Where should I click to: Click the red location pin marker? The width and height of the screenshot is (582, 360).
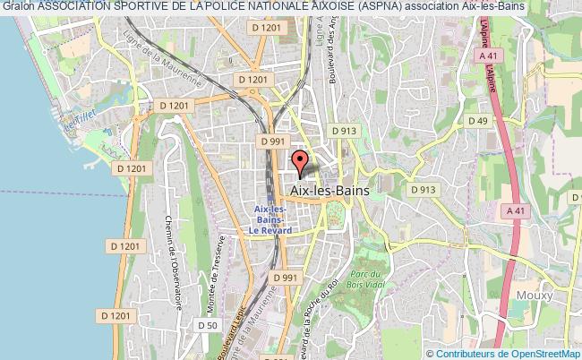[301, 161]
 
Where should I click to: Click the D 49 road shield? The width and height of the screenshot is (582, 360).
[475, 120]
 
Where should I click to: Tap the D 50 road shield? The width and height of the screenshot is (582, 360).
[206, 325]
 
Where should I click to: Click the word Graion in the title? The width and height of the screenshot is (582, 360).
[16, 8]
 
